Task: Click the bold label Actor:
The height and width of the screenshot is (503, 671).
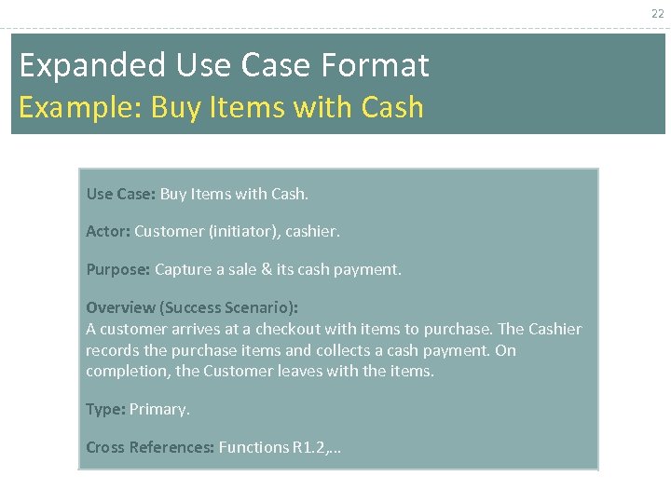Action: click(x=108, y=231)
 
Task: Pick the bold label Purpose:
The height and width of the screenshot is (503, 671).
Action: click(x=118, y=269)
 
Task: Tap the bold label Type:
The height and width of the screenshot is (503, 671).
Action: click(x=105, y=409)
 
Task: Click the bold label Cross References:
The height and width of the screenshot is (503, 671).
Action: click(x=150, y=447)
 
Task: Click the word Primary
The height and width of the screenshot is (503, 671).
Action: click(x=158, y=409)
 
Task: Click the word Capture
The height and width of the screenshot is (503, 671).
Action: click(x=184, y=269)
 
